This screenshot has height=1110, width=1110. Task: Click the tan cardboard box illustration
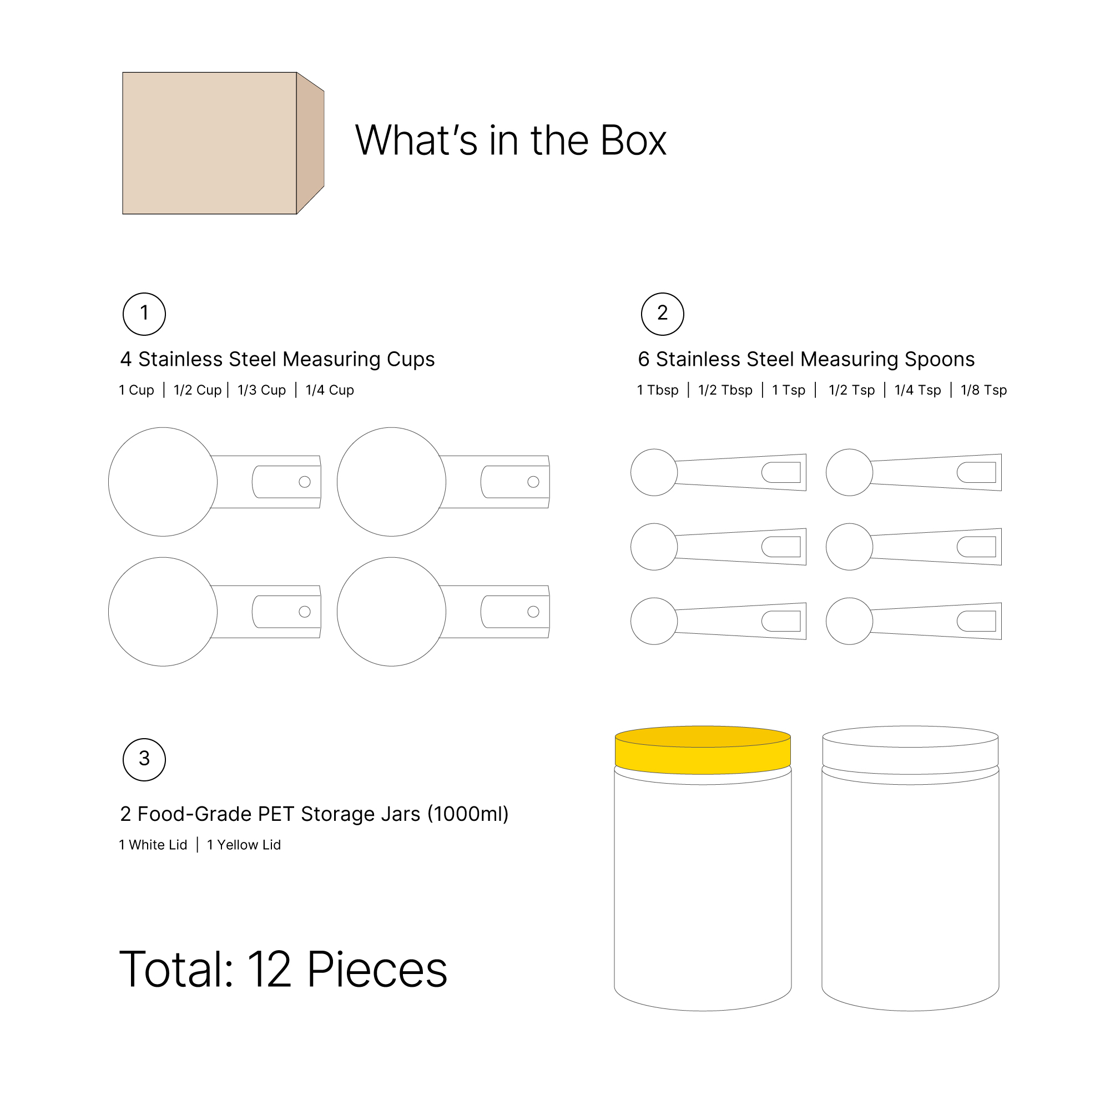tap(223, 143)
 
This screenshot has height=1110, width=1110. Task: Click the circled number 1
tap(144, 314)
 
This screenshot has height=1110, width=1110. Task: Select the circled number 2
tap(663, 314)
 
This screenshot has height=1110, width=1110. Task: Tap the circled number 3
tap(144, 760)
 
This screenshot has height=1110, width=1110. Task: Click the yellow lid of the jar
tap(703, 750)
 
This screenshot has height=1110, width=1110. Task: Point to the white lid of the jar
tap(910, 750)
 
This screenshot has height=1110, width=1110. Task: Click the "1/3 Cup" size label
tap(261, 390)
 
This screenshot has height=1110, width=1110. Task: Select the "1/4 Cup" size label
tap(330, 390)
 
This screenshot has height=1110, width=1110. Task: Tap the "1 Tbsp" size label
tap(658, 390)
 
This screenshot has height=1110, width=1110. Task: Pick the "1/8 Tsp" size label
tap(983, 390)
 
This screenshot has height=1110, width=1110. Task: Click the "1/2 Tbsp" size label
tap(725, 390)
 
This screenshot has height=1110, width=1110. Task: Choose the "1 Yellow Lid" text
tap(244, 845)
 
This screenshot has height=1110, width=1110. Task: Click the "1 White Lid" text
tap(153, 845)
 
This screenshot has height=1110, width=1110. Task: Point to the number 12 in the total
tap(270, 969)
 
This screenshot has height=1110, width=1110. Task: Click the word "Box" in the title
tap(633, 140)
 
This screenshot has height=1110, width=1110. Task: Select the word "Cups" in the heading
tap(410, 360)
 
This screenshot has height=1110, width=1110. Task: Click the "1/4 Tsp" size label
tap(917, 390)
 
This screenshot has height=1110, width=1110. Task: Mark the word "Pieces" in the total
tap(377, 969)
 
